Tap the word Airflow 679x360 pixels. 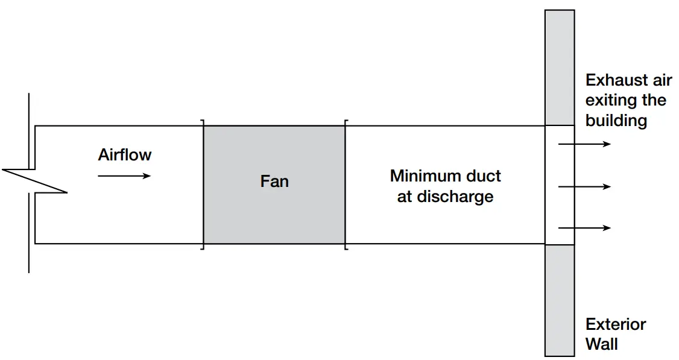(x=125, y=155)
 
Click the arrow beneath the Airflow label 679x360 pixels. (x=124, y=176)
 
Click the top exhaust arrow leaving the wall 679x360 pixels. (x=584, y=144)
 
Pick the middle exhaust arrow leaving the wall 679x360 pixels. (x=584, y=187)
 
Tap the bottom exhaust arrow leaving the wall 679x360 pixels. (x=584, y=228)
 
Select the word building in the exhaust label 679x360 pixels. (x=616, y=121)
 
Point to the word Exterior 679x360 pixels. (x=616, y=324)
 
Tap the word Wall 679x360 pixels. (x=602, y=344)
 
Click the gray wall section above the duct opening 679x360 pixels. (x=560, y=66)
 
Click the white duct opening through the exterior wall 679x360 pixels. (x=560, y=185)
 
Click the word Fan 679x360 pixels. (x=274, y=181)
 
